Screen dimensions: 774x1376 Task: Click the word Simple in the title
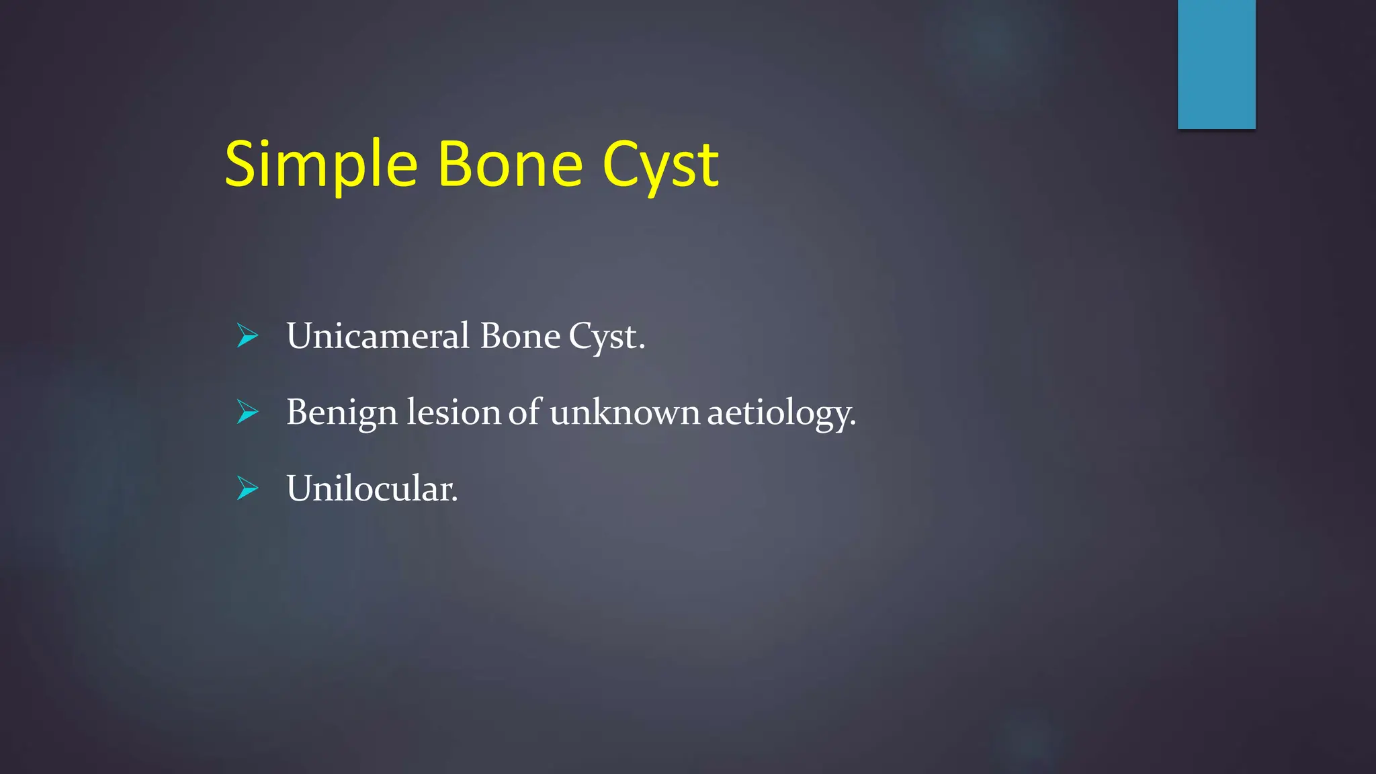(321, 165)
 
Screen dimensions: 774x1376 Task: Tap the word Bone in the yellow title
(510, 165)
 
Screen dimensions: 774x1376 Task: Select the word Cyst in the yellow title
(660, 165)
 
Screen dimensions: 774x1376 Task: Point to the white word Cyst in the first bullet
(603, 337)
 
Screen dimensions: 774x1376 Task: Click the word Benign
(341, 413)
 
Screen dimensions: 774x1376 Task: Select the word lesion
(454, 412)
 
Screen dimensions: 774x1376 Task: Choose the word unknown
(625, 412)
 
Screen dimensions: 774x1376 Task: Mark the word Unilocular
(371, 488)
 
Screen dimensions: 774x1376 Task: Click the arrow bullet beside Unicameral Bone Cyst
(247, 336)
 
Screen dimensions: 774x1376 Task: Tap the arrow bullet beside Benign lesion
(247, 412)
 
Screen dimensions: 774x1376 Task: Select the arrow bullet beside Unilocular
(247, 488)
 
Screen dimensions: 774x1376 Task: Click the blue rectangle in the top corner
(1216, 64)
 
